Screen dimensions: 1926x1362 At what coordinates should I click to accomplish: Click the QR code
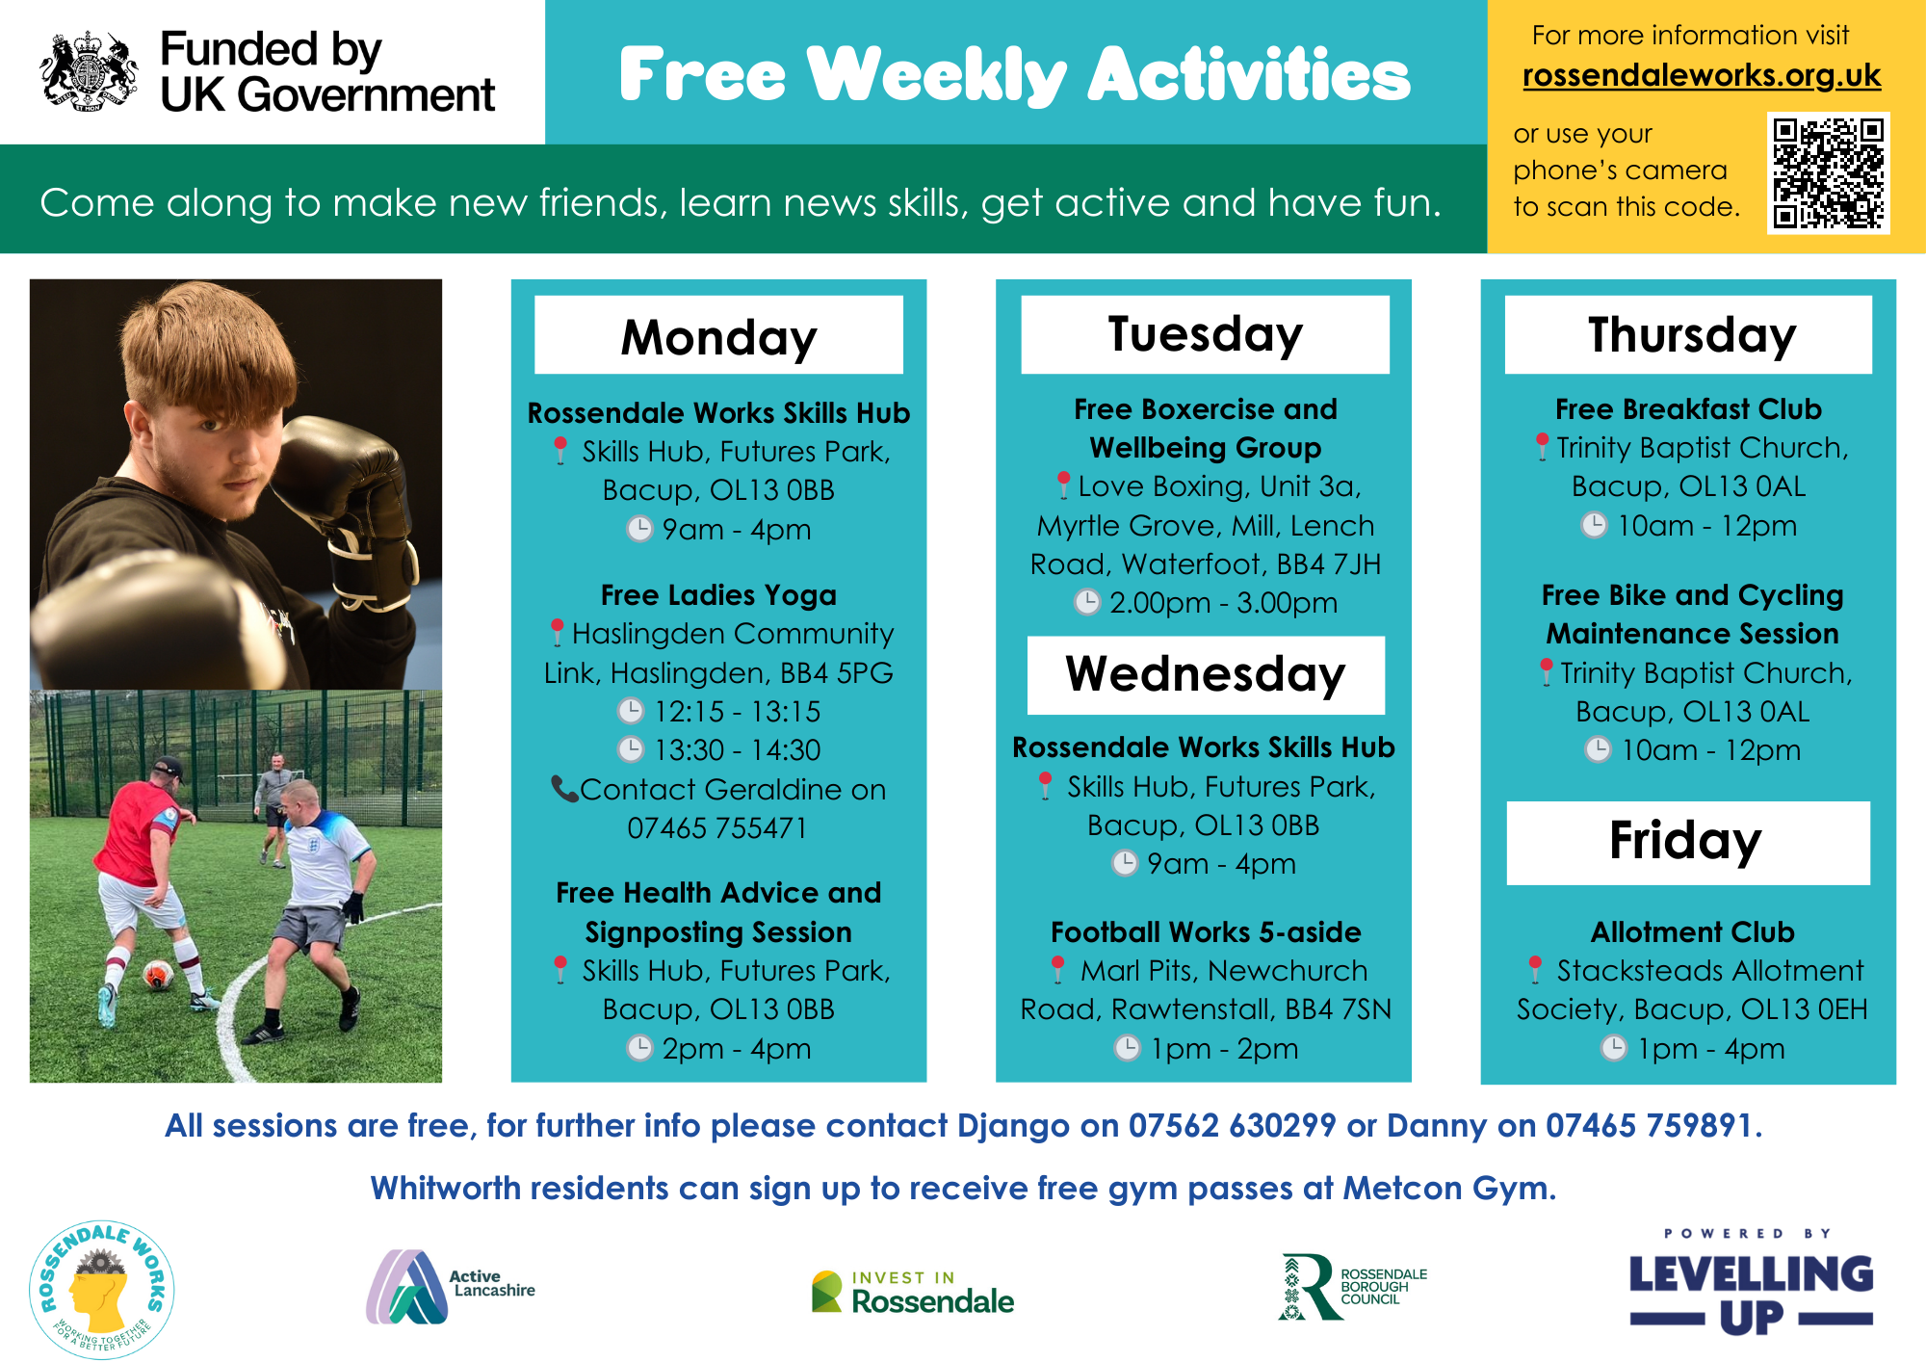pyautogui.click(x=1828, y=172)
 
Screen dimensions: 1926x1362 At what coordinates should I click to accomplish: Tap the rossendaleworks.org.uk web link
pyautogui.click(x=1702, y=75)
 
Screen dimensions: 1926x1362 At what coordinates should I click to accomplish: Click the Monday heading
pyautogui.click(x=718, y=337)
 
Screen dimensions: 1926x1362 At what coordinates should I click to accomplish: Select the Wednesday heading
pyautogui.click(x=1206, y=673)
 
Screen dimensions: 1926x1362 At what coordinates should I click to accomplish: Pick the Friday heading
pyautogui.click(x=1686, y=841)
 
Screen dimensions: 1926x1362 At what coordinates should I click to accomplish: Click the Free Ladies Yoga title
pyautogui.click(x=718, y=595)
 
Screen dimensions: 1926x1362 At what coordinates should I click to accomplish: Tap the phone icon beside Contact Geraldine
pyautogui.click(x=563, y=789)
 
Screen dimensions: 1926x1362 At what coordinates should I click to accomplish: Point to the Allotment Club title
pyautogui.click(x=1692, y=931)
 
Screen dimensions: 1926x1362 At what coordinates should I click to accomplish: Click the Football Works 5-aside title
pyautogui.click(x=1206, y=931)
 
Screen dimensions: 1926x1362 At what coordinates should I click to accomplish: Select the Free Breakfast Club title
pyautogui.click(x=1688, y=408)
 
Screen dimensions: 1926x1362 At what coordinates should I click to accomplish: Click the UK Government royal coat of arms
pyautogui.click(x=89, y=70)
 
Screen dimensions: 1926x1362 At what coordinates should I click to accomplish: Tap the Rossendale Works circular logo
pyautogui.click(x=101, y=1289)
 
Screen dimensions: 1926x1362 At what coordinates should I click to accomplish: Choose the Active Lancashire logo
pyautogui.click(x=450, y=1287)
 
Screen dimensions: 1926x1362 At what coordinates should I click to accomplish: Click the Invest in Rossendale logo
pyautogui.click(x=913, y=1292)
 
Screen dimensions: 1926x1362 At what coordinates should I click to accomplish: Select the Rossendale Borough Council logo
pyautogui.click(x=1352, y=1287)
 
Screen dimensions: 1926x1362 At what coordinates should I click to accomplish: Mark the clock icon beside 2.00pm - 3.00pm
pyautogui.click(x=1087, y=602)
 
